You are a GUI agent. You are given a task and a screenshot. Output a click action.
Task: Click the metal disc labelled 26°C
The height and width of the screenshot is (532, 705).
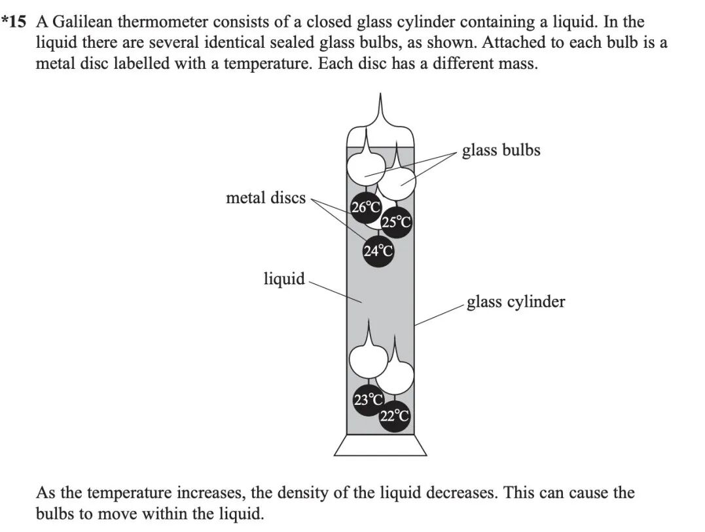click(366, 208)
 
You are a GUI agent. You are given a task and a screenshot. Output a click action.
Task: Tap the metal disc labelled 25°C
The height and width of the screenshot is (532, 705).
click(396, 223)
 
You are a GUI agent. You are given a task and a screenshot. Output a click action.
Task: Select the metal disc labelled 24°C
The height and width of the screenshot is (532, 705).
click(378, 251)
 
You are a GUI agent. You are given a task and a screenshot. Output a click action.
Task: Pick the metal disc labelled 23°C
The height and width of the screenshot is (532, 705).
click(369, 399)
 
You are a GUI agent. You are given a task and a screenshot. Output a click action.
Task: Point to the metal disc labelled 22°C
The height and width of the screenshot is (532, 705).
click(395, 415)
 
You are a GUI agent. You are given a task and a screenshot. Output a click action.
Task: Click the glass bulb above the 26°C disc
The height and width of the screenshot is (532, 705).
click(364, 170)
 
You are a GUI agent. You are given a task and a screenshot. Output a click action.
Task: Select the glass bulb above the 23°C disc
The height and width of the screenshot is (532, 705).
click(367, 360)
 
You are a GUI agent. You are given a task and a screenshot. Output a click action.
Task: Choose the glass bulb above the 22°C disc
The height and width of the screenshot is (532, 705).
click(395, 375)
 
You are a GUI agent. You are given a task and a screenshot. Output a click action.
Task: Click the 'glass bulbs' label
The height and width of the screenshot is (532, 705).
click(501, 150)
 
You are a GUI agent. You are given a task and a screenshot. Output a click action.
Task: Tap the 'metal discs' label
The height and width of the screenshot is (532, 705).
click(265, 197)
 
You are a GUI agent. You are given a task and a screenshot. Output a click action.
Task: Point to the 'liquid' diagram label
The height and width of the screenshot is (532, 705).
click(284, 278)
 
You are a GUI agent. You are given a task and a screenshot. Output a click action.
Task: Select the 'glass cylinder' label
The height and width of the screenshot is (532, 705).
click(515, 301)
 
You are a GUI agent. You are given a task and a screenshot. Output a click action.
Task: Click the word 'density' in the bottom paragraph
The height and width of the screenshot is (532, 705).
click(299, 492)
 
